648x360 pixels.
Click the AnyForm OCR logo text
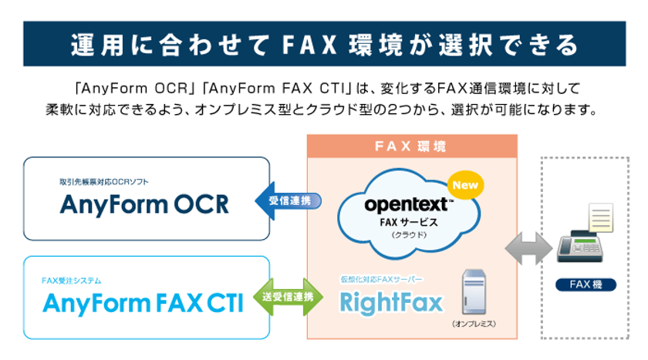(x=144, y=204)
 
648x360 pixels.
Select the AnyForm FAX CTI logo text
(x=143, y=303)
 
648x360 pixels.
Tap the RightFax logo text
(x=392, y=301)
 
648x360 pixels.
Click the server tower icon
(x=474, y=291)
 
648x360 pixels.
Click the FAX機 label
(x=587, y=284)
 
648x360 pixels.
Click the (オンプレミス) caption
(x=473, y=325)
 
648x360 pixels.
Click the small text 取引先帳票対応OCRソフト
(x=104, y=182)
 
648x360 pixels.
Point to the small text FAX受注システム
(x=72, y=280)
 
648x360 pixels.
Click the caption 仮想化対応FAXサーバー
(x=381, y=278)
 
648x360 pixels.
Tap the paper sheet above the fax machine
(x=599, y=218)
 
